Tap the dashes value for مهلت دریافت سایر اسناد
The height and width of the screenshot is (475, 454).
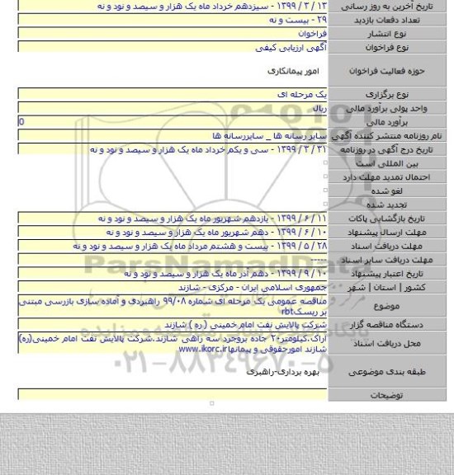[x=319, y=259]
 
